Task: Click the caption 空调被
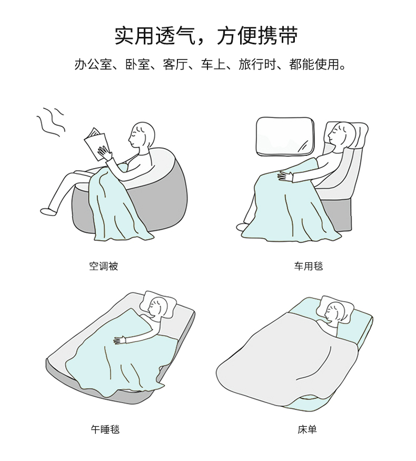[x=103, y=266]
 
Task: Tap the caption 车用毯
[x=308, y=266]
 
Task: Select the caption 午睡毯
[x=105, y=429]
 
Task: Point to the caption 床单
[x=307, y=429]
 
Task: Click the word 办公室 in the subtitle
[x=93, y=64]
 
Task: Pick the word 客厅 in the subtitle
[x=175, y=64]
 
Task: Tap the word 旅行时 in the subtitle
[x=257, y=64]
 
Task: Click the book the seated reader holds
[x=95, y=143]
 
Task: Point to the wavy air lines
[x=51, y=122]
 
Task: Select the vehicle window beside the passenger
[x=285, y=136]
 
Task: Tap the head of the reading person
[x=142, y=135]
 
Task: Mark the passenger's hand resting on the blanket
[x=285, y=176]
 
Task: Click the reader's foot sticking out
[x=48, y=211]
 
